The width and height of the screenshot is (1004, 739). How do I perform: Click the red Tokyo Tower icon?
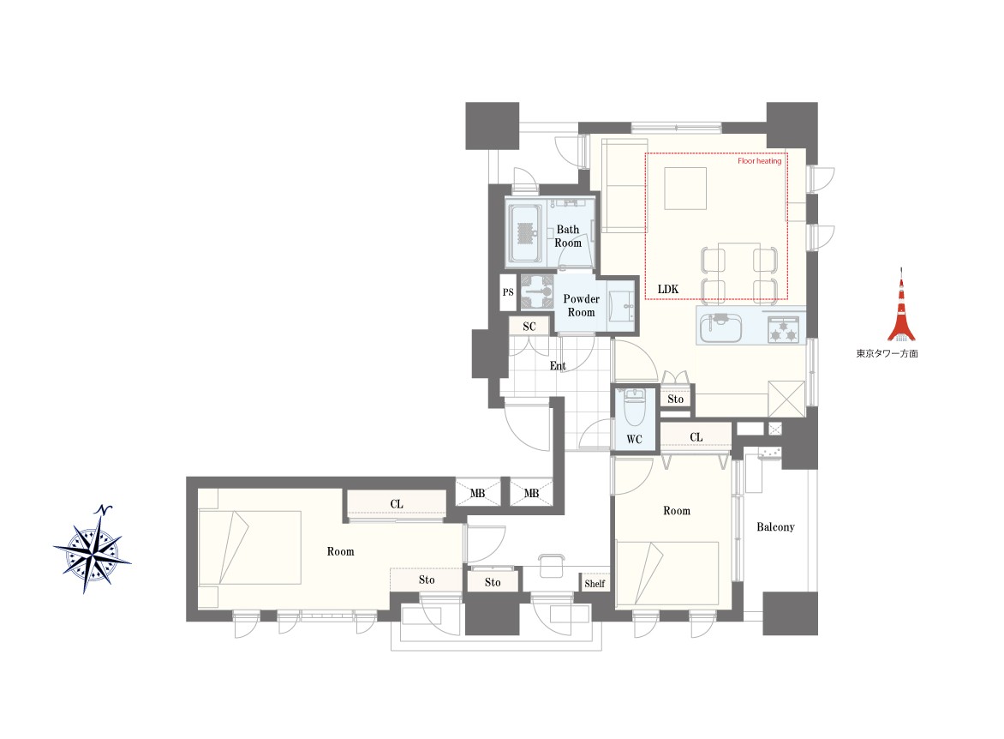click(x=901, y=305)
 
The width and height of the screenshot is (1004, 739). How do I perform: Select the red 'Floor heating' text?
click(x=759, y=161)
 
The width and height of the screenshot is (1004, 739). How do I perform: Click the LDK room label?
click(x=668, y=289)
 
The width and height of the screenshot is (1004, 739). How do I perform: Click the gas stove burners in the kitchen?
click(x=784, y=329)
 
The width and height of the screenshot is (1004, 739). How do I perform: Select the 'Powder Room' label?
click(x=582, y=306)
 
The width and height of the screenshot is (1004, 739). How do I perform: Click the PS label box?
click(x=508, y=292)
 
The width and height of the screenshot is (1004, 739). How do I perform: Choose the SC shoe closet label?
click(x=529, y=327)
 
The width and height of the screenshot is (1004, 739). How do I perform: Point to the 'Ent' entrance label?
click(x=558, y=366)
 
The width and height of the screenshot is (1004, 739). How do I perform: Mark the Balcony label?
click(x=775, y=527)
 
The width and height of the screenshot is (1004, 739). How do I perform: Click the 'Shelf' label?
click(x=595, y=583)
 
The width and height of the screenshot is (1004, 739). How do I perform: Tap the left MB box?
click(x=478, y=493)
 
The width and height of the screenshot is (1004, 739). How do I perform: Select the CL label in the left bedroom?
click(x=397, y=504)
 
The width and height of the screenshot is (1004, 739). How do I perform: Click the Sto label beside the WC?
click(x=676, y=399)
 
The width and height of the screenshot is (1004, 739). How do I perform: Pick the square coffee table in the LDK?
click(x=685, y=189)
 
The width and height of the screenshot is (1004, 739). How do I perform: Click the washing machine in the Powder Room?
click(x=536, y=291)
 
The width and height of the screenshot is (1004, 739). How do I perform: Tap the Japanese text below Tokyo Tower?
click(x=887, y=353)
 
